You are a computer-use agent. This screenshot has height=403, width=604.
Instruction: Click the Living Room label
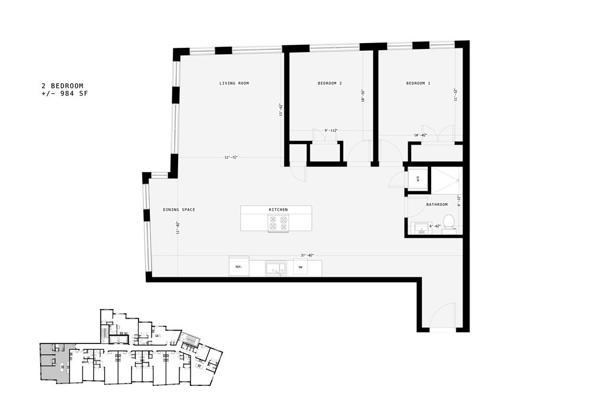pyautogui.click(x=234, y=83)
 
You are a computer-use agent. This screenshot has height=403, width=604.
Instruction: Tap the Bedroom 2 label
pyautogui.click(x=330, y=83)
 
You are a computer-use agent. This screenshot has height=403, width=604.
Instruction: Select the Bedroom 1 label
pyautogui.click(x=418, y=83)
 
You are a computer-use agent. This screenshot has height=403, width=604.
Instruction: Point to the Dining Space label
pyautogui.click(x=179, y=210)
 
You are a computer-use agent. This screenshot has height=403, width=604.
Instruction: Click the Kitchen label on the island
pyautogui.click(x=278, y=210)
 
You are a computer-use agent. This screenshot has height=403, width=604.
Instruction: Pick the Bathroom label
pyautogui.click(x=436, y=205)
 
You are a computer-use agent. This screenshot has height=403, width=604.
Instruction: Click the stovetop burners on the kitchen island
pyautogui.click(x=278, y=224)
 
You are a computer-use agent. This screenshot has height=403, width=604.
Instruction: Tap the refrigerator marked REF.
pyautogui.click(x=239, y=267)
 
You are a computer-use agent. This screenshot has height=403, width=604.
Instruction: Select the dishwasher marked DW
pyautogui.click(x=300, y=267)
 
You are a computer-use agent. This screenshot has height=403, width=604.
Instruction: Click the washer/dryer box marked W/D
pyautogui.click(x=415, y=179)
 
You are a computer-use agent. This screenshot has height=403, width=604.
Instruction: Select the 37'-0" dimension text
pyautogui.click(x=307, y=255)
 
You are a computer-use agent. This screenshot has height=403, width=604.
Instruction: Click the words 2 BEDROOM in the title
pyautogui.click(x=62, y=86)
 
